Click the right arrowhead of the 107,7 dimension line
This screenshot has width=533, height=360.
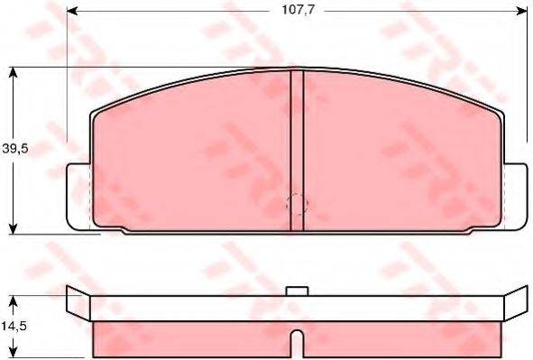tap(520, 13)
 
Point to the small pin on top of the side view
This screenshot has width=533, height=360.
tap(297, 291)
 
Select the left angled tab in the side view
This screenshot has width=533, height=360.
tap(78, 305)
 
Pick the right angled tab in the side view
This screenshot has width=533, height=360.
tap(515, 305)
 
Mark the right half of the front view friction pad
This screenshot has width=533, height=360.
tap(401, 153)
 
